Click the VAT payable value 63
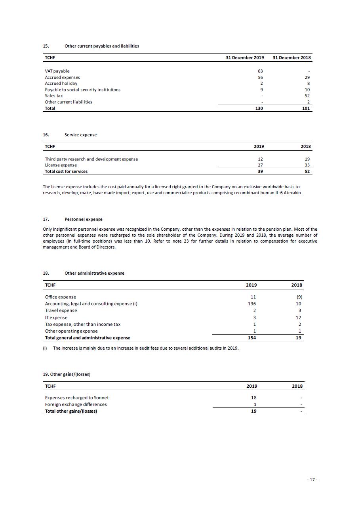260,71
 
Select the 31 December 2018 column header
292,57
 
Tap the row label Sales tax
54,96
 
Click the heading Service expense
80,135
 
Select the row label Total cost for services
66,171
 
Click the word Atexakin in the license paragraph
293,193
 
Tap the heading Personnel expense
83,219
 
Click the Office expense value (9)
299,297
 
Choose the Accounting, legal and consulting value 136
251,304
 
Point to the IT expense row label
56,318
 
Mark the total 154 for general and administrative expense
251,338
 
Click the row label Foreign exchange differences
76,404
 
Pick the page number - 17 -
312,480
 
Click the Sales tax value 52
307,96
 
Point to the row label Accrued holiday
61,83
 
